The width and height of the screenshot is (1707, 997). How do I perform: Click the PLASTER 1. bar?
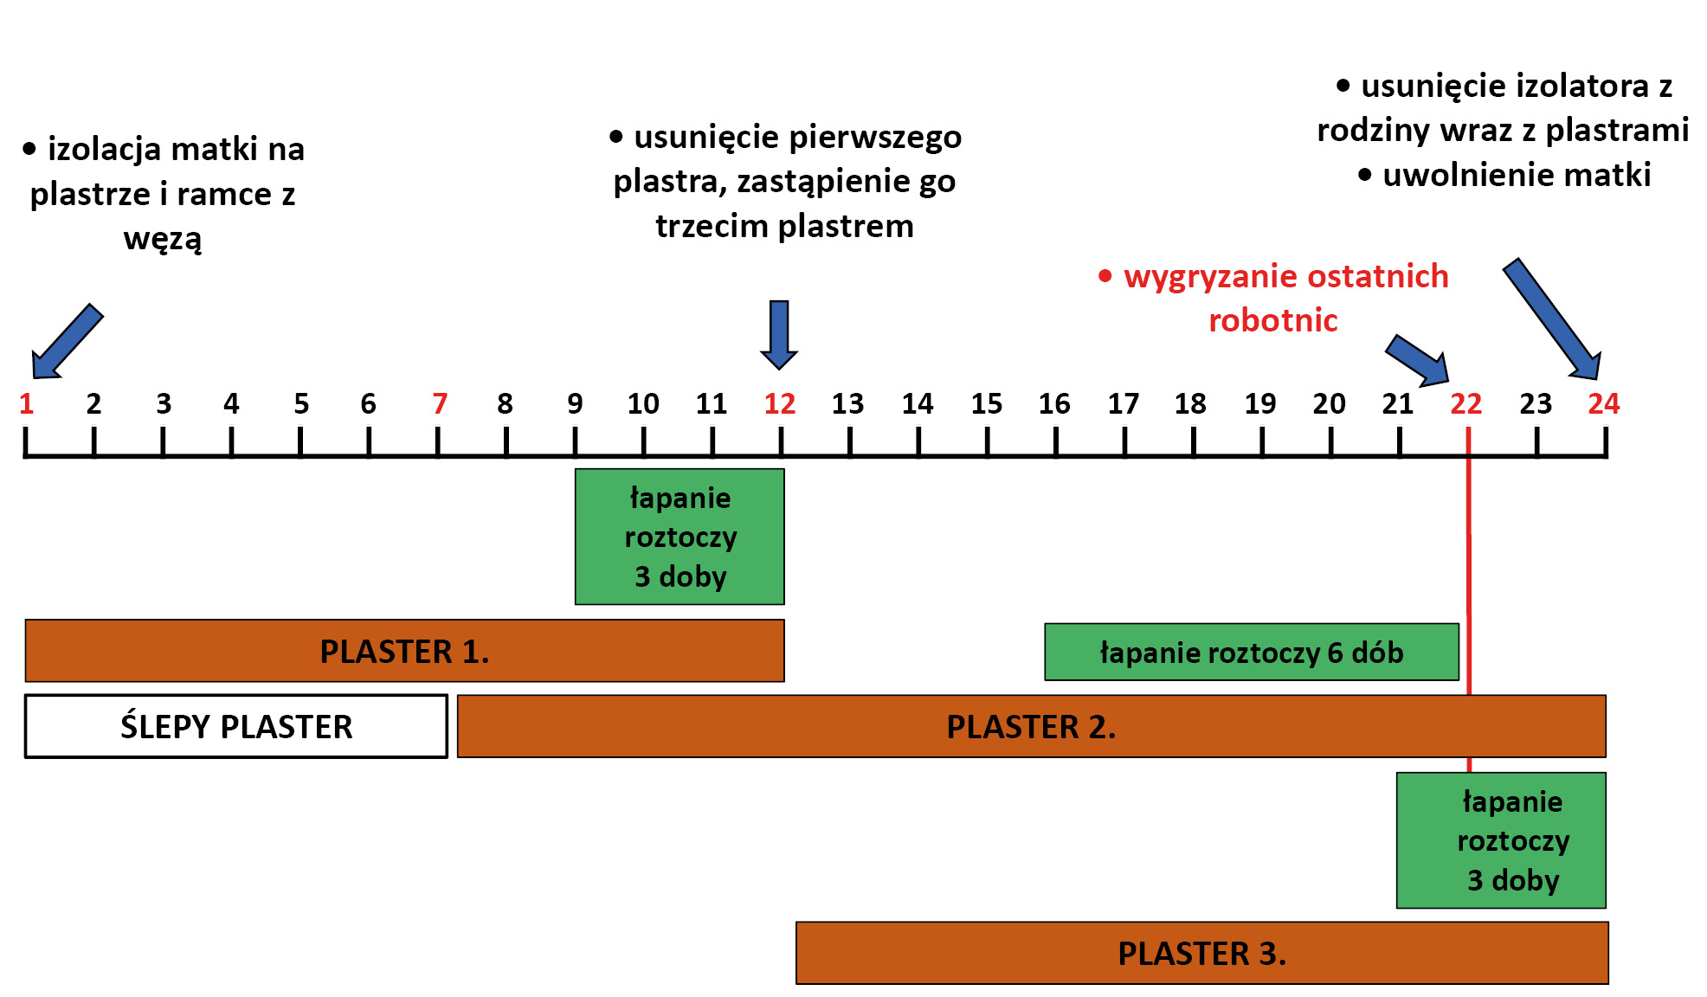[x=404, y=651]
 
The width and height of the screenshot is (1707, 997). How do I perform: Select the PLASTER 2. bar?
[x=1031, y=726]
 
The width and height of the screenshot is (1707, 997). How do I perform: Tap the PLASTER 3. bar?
[x=1201, y=953]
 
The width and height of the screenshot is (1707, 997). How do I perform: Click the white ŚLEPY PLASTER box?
[x=236, y=726]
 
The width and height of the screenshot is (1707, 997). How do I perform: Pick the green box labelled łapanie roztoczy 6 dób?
[x=1251, y=652]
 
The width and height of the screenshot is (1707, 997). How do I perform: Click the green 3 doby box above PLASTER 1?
[x=680, y=537]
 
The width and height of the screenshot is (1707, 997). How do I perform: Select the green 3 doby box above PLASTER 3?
[x=1501, y=839]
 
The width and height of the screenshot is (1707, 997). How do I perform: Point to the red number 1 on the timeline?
[x=27, y=403]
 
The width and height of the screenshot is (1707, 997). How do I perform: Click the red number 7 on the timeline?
[x=440, y=403]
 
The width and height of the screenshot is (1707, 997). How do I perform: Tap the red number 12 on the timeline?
[x=779, y=403]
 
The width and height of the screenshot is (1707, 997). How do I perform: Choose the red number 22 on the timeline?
[x=1465, y=403]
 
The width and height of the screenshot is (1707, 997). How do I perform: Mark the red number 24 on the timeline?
[x=1603, y=403]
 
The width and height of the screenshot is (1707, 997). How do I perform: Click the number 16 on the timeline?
[x=1054, y=403]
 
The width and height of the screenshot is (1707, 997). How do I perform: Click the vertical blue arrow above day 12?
[x=779, y=334]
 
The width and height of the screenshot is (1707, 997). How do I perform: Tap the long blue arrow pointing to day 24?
[x=1552, y=319]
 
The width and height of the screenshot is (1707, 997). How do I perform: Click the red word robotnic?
[x=1272, y=321]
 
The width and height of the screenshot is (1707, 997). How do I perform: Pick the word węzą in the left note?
[x=163, y=239]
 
